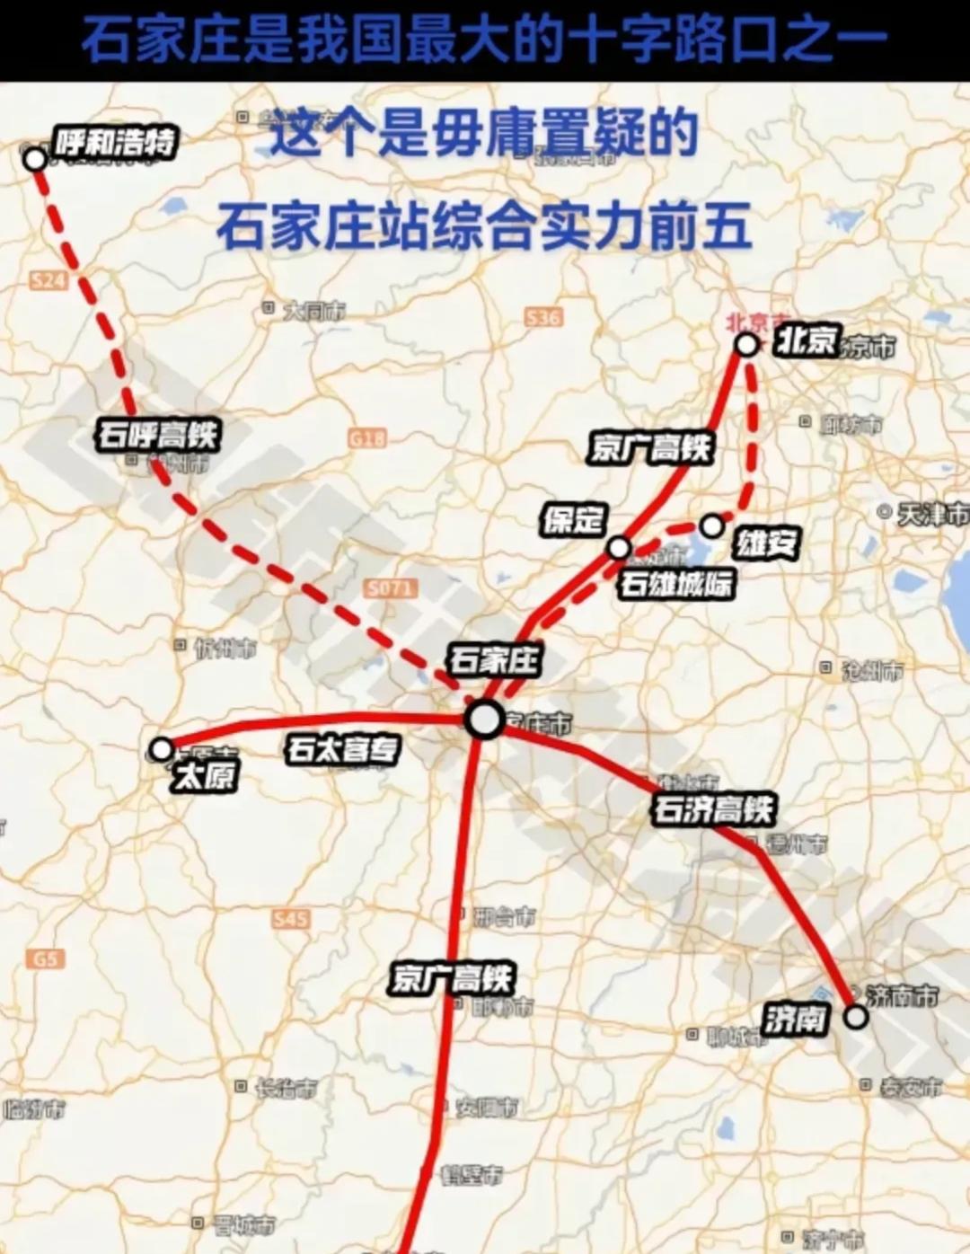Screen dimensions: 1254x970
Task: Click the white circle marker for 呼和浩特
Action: pyautogui.click(x=35, y=160)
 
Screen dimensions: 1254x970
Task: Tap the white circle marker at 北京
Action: pyautogui.click(x=746, y=344)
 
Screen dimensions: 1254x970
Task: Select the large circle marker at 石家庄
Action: pyautogui.click(x=486, y=720)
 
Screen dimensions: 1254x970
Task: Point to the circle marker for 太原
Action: pyautogui.click(x=161, y=748)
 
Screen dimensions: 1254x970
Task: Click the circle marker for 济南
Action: pyautogui.click(x=856, y=1016)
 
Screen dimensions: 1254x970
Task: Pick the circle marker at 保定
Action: pyautogui.click(x=619, y=547)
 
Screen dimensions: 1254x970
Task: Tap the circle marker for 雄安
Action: pyautogui.click(x=711, y=525)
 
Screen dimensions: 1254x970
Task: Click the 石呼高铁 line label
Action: pyautogui.click(x=158, y=435)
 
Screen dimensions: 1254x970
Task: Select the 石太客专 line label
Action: pyautogui.click(x=343, y=748)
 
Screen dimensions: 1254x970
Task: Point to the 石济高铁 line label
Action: pyautogui.click(x=713, y=809)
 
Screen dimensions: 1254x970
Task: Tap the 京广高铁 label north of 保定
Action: pyautogui.click(x=650, y=447)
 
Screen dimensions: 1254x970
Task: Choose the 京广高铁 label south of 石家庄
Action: pyautogui.click(x=452, y=977)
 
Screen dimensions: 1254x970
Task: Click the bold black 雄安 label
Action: pyautogui.click(x=766, y=543)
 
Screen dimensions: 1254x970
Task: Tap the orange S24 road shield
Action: pyautogui.click(x=48, y=280)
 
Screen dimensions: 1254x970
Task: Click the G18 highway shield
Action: pyautogui.click(x=367, y=437)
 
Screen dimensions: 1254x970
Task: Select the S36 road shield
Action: pyautogui.click(x=543, y=317)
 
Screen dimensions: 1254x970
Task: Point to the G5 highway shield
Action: pyautogui.click(x=45, y=958)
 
